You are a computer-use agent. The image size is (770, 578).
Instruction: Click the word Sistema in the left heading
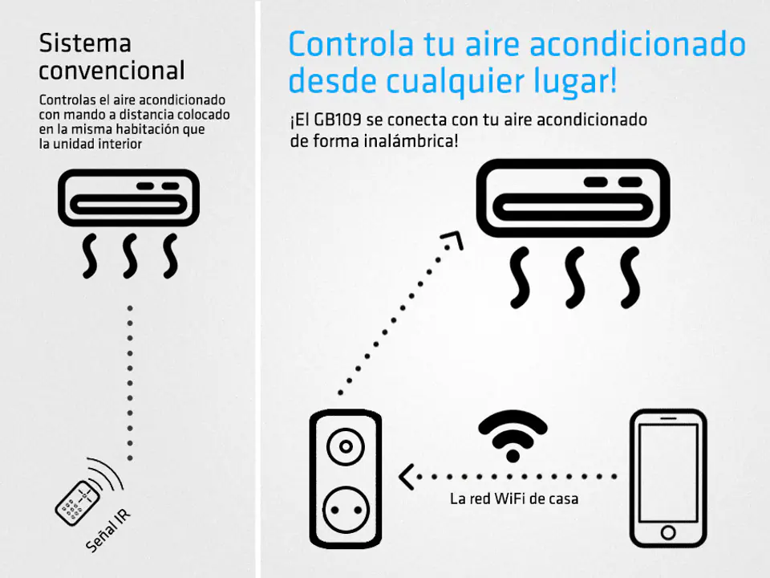coord(85,43)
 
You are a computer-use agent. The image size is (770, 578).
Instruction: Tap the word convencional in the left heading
coord(112,71)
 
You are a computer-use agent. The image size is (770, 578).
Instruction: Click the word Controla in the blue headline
coord(351,44)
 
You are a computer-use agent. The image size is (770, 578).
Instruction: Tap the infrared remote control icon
coord(77,503)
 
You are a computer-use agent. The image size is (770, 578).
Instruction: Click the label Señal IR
coord(108,531)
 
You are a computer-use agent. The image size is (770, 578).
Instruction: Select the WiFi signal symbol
coord(513,435)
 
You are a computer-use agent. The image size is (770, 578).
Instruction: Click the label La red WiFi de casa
coord(514,499)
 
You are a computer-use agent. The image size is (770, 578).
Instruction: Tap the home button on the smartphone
coord(668,532)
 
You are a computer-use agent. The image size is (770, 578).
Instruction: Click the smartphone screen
coord(668,473)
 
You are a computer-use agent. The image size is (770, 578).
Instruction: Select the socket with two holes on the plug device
coord(346,510)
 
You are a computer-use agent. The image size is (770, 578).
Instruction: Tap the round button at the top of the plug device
coord(346,447)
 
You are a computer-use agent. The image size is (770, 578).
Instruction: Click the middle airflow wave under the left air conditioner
coord(130,256)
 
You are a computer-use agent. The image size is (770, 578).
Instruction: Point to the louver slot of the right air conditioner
coord(573,207)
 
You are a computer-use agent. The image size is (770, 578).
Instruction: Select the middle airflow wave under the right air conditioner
coord(575,278)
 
